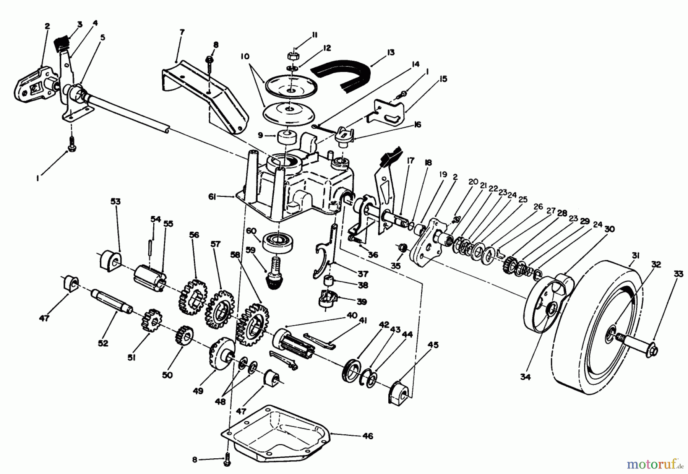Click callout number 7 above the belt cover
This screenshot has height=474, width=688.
[x=182, y=32]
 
